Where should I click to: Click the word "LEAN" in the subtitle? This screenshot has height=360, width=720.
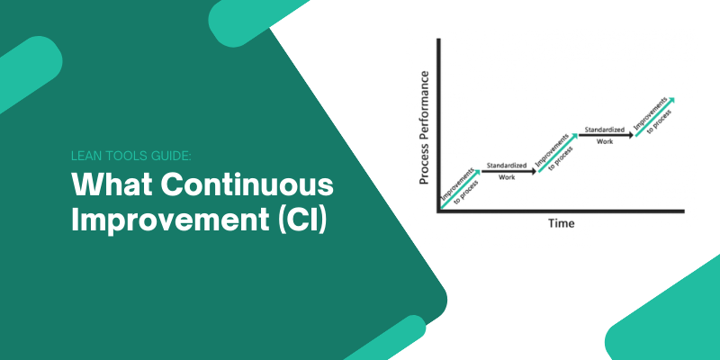pos(85,156)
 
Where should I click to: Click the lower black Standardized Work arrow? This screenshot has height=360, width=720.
pos(508,170)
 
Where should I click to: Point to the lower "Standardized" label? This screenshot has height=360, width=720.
pos(507,165)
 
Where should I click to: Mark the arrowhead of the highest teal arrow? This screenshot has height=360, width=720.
pos(671,99)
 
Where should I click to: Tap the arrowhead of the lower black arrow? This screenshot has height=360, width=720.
pos(534,170)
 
